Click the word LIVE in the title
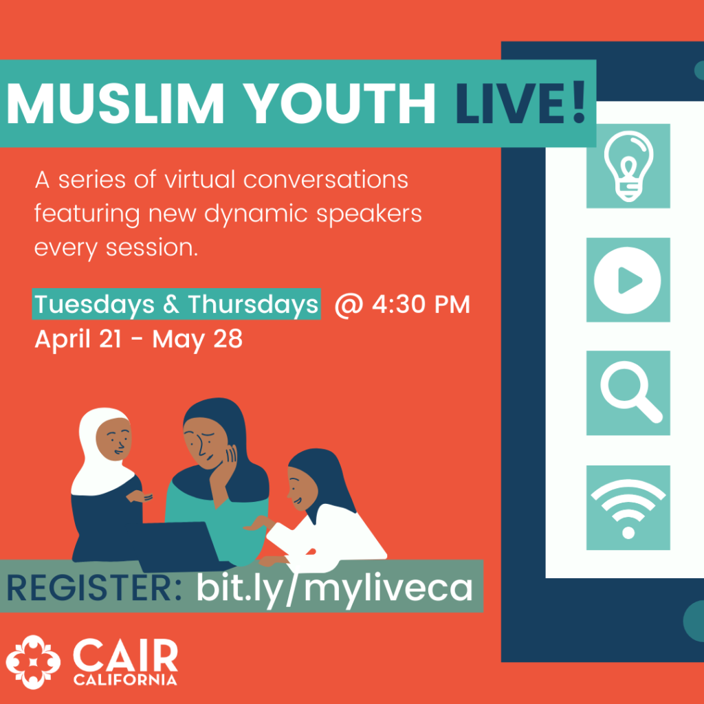(x=509, y=103)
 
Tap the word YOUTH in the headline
(x=340, y=103)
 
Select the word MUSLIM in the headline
(x=115, y=103)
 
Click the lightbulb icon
(x=628, y=166)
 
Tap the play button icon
(x=627, y=280)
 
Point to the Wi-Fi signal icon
(x=628, y=508)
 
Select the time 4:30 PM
(x=421, y=305)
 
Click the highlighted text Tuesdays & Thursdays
(x=177, y=304)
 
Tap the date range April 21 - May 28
(x=139, y=339)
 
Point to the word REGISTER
(x=93, y=588)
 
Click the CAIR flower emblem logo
(x=33, y=662)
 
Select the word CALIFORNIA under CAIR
(x=125, y=679)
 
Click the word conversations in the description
(x=325, y=179)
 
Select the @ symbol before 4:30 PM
(x=349, y=306)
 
